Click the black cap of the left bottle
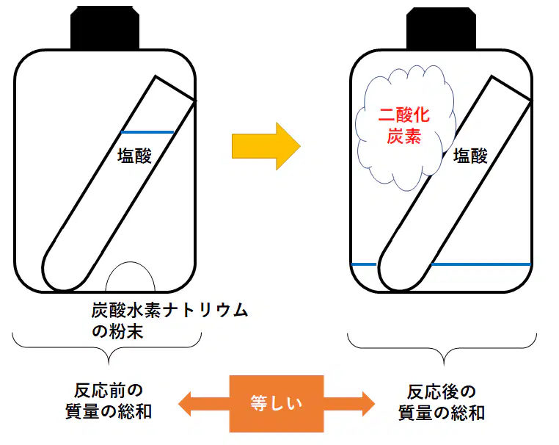(105, 27)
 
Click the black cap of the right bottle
(441, 28)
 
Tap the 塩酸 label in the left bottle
(135, 156)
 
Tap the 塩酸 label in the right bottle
(470, 156)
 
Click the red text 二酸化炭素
(404, 126)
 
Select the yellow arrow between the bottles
(266, 146)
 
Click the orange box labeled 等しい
(277, 404)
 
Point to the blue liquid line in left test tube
(147, 132)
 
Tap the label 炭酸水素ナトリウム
(169, 310)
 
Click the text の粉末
(117, 331)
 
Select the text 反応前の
(109, 391)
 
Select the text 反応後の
(442, 392)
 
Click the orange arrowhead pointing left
(185, 404)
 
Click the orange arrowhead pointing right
(368, 404)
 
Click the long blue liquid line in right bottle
(481, 264)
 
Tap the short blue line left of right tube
(364, 264)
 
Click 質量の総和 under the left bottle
(109, 411)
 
